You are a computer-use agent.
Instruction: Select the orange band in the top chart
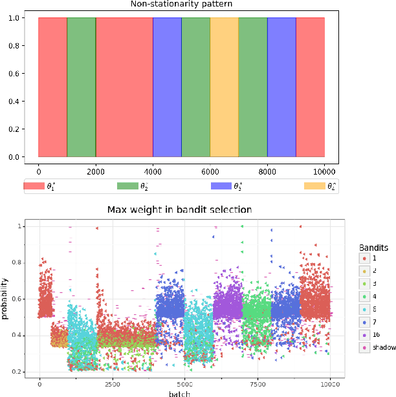pyautogui.click(x=225, y=87)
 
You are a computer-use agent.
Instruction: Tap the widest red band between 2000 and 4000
pyautogui.click(x=124, y=87)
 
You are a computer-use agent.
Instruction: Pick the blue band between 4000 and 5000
pyautogui.click(x=167, y=87)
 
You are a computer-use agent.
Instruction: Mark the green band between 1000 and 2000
pyautogui.click(x=82, y=87)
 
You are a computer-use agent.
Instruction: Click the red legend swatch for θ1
pyautogui.click(x=34, y=186)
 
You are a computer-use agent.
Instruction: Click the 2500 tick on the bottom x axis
pyautogui.click(x=113, y=382)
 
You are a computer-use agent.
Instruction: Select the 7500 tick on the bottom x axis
pyautogui.click(x=258, y=382)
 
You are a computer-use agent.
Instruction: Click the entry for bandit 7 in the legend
pyautogui.click(x=373, y=322)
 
